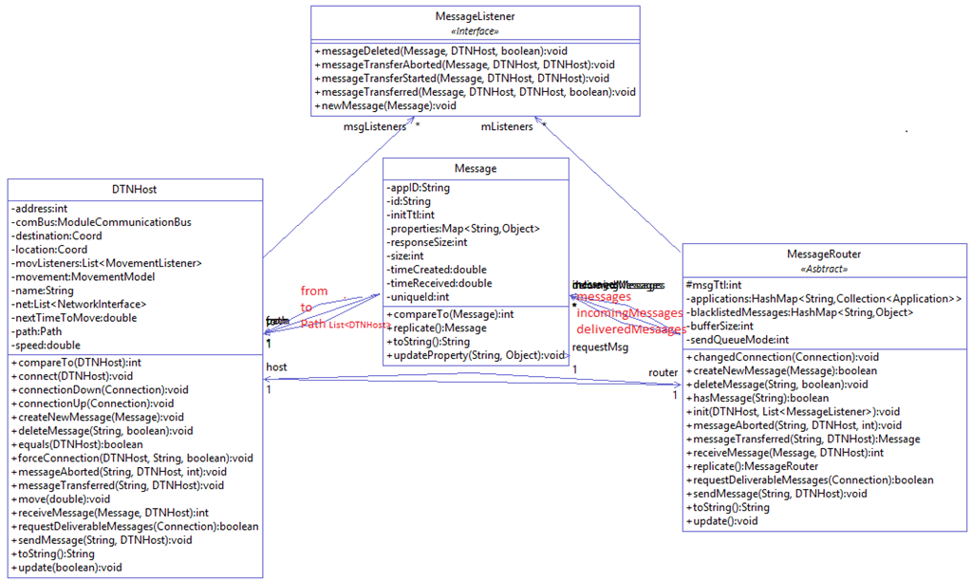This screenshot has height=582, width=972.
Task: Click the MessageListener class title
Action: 474,17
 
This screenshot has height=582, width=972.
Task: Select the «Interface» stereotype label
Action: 474,30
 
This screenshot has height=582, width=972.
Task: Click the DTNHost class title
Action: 134,189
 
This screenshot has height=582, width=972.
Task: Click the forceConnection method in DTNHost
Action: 132,458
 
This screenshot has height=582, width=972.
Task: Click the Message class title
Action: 476,169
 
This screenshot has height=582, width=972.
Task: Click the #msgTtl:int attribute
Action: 714,285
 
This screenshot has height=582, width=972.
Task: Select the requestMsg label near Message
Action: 600,347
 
